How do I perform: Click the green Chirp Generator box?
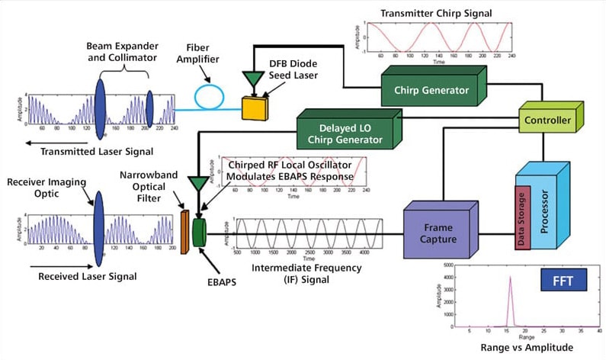click(431, 90)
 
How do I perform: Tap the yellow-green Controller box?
click(548, 120)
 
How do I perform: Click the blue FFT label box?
click(562, 279)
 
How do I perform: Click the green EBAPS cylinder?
click(200, 232)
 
